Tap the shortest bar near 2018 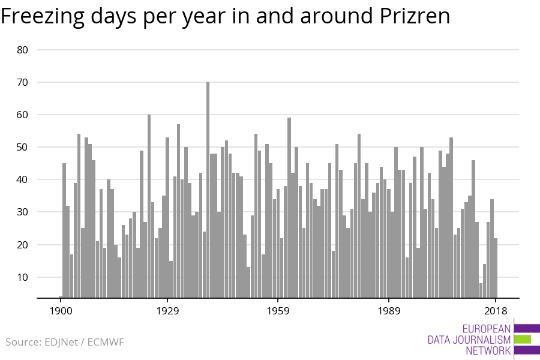tap(481, 290)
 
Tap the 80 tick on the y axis tap(23, 50)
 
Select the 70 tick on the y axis tap(23, 82)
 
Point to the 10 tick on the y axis tap(23, 277)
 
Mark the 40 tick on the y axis tap(23, 179)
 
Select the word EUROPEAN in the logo tap(487, 329)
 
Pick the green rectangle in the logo tap(523, 339)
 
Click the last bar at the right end tap(496, 268)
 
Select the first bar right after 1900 tap(64, 230)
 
